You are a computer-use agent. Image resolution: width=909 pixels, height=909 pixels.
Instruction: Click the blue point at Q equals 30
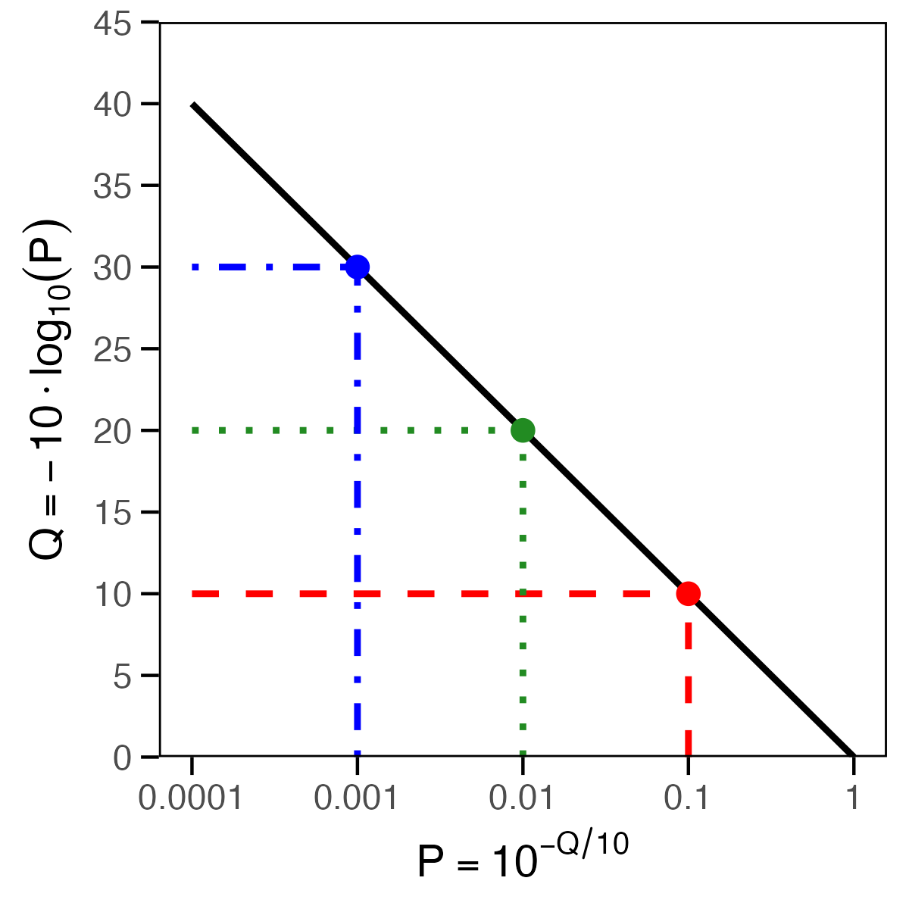[357, 267]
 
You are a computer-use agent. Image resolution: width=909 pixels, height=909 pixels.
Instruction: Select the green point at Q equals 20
[523, 430]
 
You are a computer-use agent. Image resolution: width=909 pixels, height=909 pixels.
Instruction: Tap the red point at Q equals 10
[688, 593]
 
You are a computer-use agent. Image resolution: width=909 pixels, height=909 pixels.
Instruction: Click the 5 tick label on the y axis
[123, 676]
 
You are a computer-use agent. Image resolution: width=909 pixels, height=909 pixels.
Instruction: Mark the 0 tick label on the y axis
[123, 757]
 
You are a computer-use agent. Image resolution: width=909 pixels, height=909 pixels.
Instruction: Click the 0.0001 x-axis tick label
[191, 798]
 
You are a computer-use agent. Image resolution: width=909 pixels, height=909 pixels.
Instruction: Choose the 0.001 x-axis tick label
[356, 798]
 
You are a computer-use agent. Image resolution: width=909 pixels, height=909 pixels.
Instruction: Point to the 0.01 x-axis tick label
[523, 798]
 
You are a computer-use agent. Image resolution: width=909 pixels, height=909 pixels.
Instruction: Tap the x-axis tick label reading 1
[854, 798]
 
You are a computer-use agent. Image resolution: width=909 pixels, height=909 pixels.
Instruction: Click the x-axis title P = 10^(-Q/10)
[523, 860]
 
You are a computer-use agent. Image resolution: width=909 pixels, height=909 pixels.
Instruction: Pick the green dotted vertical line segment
[523, 598]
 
